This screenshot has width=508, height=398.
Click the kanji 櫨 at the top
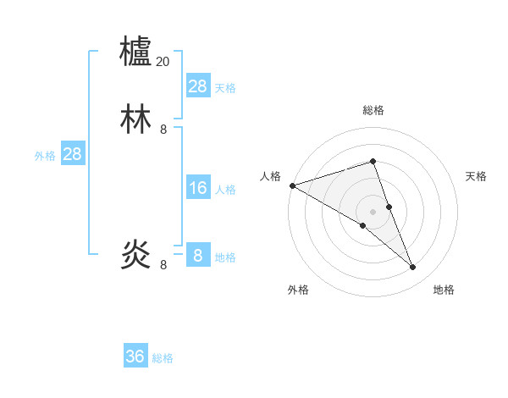tap(136, 51)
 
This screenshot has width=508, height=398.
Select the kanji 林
tap(136, 119)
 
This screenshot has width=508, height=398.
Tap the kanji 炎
tap(136, 254)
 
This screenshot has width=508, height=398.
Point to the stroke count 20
tap(163, 62)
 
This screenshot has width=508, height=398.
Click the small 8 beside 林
tap(163, 130)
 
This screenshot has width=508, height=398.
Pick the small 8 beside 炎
tap(163, 265)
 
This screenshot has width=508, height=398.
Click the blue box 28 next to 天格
tap(198, 86)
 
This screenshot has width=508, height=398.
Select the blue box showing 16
tap(198, 188)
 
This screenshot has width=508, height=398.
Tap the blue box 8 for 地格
tap(198, 256)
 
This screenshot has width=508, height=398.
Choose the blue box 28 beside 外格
tap(73, 154)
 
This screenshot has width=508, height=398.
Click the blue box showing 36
tap(135, 357)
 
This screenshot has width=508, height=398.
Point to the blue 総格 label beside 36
tap(163, 358)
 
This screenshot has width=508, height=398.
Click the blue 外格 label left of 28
tap(45, 156)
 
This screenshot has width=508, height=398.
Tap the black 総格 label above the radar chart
tap(373, 110)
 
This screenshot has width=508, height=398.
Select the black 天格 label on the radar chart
tap(476, 176)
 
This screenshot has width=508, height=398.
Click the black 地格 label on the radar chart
tap(444, 290)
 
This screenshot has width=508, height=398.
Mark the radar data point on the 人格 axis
tap(292, 185)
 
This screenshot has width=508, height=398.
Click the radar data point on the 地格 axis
tap(413, 267)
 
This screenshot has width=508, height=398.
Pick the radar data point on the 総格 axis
tap(373, 161)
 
